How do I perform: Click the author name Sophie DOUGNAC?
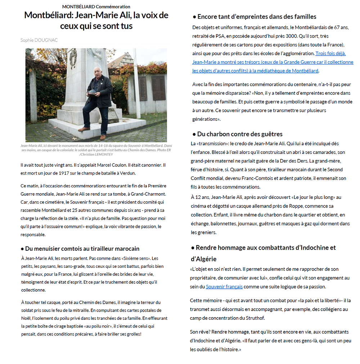click(39, 40)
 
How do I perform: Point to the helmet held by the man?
click(92, 93)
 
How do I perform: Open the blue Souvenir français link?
click(224, 287)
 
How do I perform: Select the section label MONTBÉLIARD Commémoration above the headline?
click(96, 6)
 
